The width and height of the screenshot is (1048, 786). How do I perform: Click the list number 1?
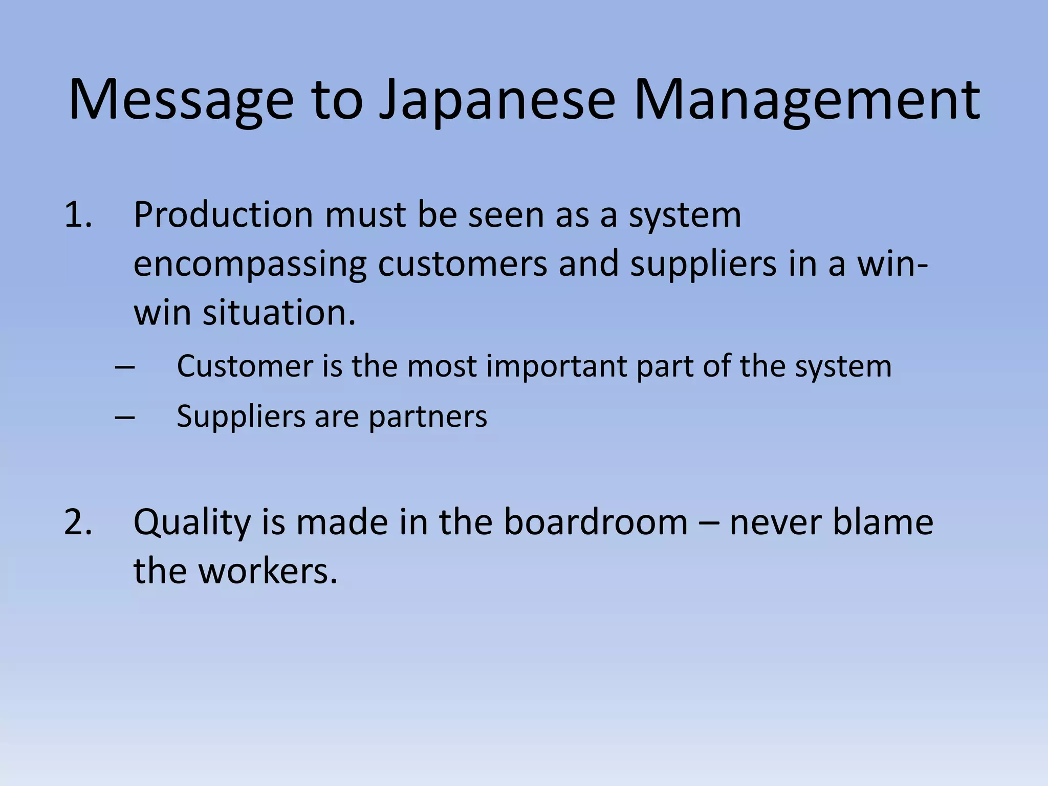tap(78, 215)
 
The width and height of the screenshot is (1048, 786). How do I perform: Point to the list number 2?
tap(78, 522)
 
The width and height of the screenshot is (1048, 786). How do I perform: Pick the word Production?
tap(223, 215)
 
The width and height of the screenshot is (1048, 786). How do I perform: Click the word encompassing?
tap(250, 265)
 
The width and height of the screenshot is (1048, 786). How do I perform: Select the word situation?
tap(279, 313)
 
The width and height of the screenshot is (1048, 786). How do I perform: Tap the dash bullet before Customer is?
tap(125, 367)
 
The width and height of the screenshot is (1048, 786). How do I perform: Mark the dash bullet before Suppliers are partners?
tap(125, 417)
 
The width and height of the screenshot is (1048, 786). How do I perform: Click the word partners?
tap(428, 417)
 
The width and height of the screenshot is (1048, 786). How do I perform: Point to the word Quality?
tap(192, 523)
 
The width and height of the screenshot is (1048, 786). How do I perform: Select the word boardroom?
tap(596, 522)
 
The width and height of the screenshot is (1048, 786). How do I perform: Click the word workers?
tap(268, 572)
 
